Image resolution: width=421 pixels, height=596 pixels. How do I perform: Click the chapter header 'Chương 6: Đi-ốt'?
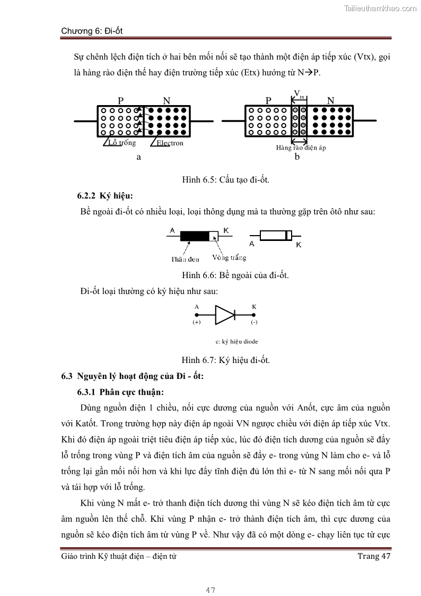(92, 31)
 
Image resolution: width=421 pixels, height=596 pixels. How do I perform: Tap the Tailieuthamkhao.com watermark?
(380, 8)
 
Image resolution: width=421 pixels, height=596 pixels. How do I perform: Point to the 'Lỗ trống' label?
(122, 142)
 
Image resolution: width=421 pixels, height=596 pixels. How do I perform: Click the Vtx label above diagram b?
(299, 95)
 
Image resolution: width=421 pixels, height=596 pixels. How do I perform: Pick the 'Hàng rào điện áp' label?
(301, 148)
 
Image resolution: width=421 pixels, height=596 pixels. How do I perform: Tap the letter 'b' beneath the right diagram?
(297, 157)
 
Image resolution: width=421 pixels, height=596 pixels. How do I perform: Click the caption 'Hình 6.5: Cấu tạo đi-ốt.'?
(226, 180)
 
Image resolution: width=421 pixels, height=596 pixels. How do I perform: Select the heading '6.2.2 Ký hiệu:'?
(105, 196)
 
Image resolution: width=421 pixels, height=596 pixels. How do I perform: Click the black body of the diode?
(195, 236)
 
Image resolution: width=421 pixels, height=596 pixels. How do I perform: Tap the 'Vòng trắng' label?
(229, 258)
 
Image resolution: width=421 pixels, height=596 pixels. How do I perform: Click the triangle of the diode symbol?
(224, 315)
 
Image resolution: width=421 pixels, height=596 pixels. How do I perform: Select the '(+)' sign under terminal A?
(197, 322)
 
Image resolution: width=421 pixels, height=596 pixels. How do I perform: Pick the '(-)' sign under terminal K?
(254, 322)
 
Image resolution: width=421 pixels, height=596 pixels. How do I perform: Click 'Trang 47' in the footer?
(374, 556)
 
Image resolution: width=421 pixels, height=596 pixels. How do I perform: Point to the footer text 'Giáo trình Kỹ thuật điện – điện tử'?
(119, 556)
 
